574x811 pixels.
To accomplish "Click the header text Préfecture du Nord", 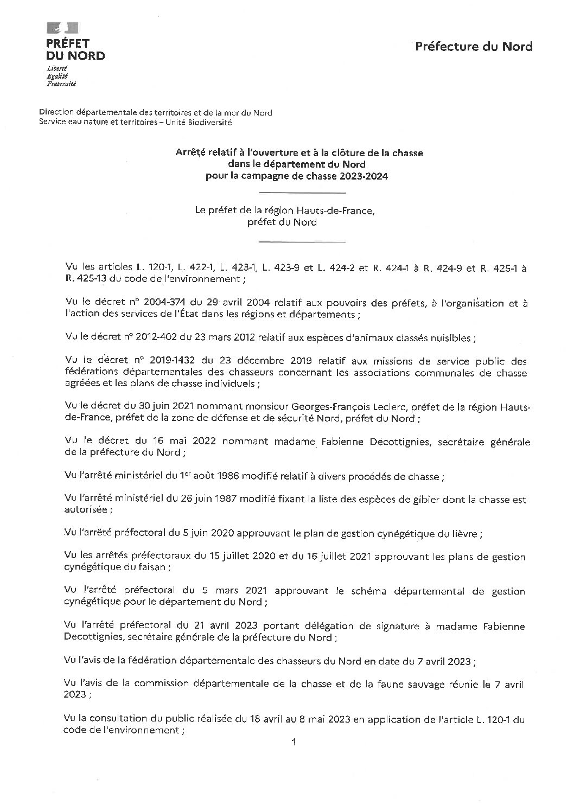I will [474, 47].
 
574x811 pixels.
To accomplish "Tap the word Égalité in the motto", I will [56, 76].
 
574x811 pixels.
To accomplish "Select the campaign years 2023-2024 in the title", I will [363, 176].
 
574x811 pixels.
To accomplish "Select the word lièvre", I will [463, 534].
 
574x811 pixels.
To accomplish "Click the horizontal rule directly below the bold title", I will [302, 193].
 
